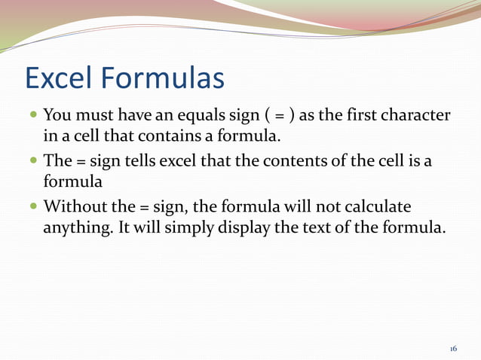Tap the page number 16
[x=453, y=349]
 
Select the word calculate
[x=378, y=206]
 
